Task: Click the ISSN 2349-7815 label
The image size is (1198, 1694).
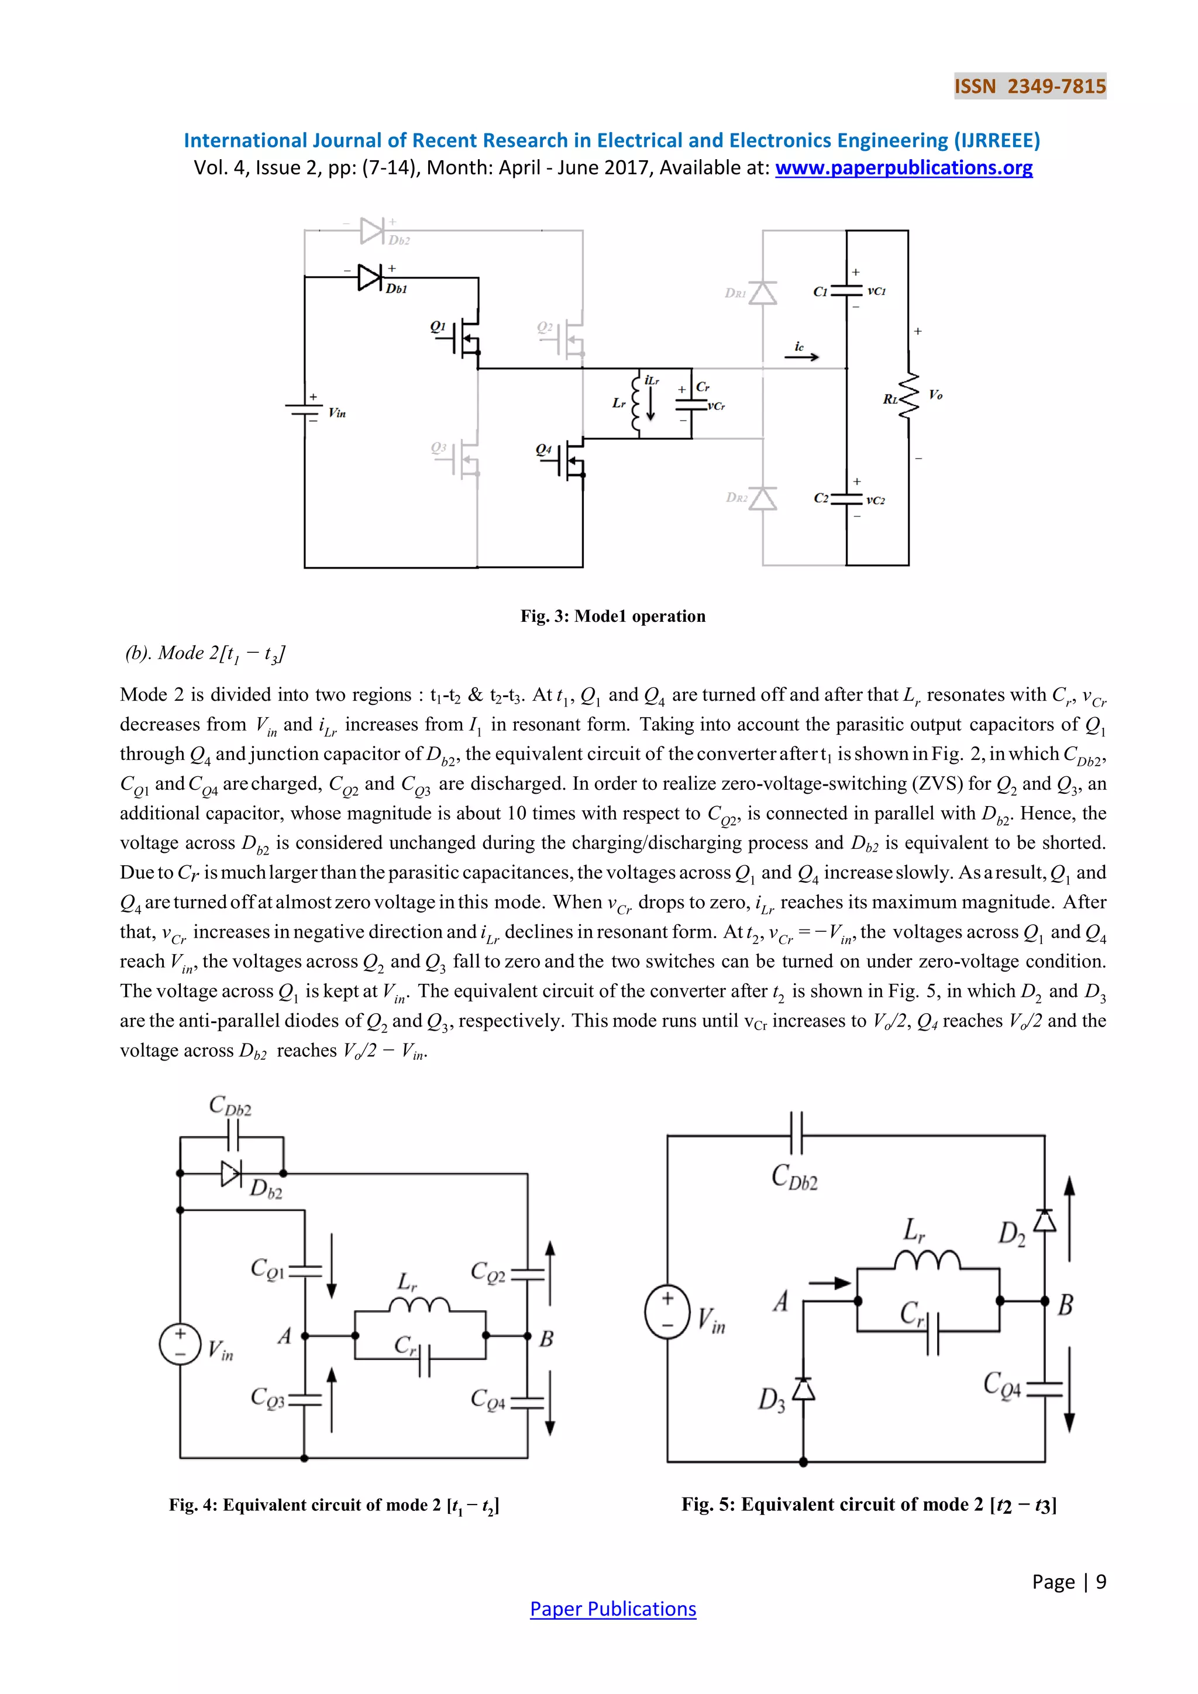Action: tap(1030, 87)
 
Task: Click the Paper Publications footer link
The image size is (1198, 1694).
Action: tap(612, 1609)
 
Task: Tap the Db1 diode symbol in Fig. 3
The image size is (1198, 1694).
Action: tap(370, 277)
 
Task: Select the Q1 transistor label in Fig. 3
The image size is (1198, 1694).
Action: tap(438, 326)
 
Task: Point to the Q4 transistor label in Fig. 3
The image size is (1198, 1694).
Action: tap(543, 449)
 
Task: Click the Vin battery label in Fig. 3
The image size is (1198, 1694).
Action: tap(337, 413)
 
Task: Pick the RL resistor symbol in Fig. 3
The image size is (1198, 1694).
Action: tap(909, 396)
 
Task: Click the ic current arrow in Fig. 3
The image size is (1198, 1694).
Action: tap(802, 356)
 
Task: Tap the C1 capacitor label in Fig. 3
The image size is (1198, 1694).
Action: tap(820, 291)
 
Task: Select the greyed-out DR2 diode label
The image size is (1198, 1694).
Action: tap(736, 497)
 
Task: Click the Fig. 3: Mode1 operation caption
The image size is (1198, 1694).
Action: tap(612, 616)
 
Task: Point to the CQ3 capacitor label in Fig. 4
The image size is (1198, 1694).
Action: tap(267, 1397)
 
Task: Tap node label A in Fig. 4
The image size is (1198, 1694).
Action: tap(285, 1335)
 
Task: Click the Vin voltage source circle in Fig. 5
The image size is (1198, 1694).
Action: tap(667, 1313)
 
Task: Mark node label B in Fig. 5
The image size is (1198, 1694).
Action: tap(1065, 1305)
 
